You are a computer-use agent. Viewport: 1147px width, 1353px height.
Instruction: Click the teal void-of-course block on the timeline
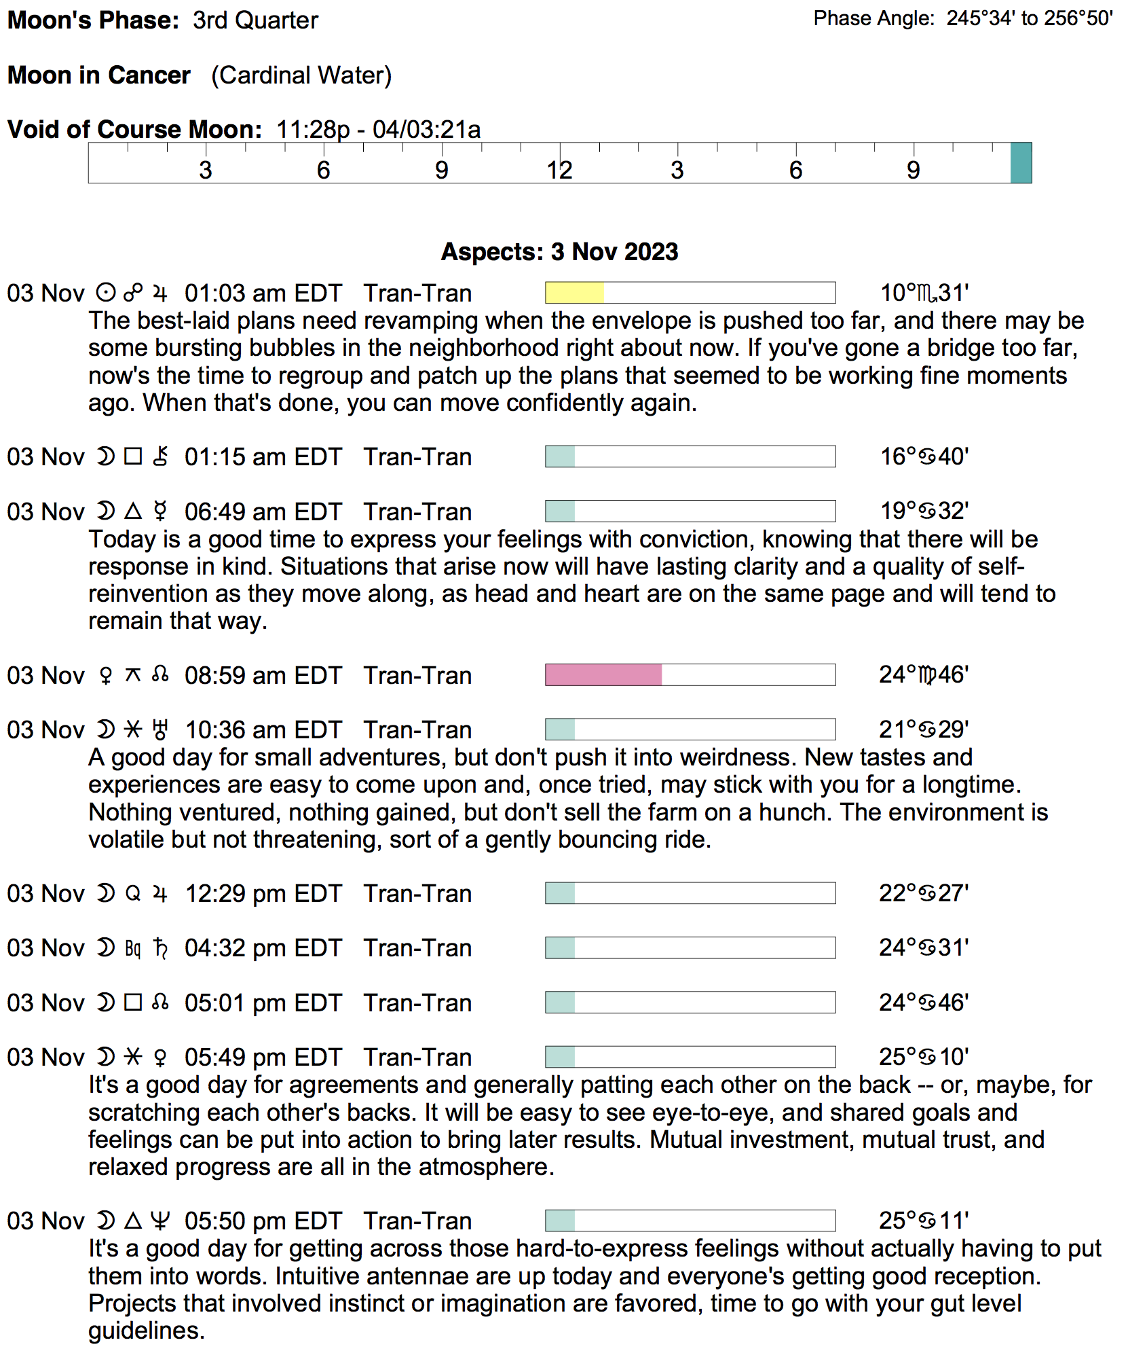(x=1021, y=163)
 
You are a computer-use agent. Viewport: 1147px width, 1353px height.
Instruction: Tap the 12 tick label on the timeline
(x=559, y=170)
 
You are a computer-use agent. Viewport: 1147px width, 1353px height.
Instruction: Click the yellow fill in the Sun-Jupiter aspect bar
(x=574, y=293)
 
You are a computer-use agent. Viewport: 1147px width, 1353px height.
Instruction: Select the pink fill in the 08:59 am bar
(x=603, y=675)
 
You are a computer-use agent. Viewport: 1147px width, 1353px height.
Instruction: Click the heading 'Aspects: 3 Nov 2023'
(x=559, y=252)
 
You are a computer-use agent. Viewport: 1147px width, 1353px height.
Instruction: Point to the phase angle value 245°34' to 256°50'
(x=1030, y=18)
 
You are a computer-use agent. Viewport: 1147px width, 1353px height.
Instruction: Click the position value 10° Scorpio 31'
(x=924, y=293)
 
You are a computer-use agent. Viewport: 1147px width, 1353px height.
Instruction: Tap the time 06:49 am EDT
(x=263, y=511)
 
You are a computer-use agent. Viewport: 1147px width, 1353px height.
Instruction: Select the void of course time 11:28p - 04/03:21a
(x=378, y=129)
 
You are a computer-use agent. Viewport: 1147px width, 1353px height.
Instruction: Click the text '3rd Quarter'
(x=255, y=20)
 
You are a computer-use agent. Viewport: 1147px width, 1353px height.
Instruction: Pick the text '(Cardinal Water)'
(x=301, y=75)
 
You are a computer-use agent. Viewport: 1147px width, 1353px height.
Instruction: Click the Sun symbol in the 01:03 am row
(x=105, y=293)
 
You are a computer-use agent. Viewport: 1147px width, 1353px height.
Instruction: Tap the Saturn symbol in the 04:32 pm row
(x=160, y=948)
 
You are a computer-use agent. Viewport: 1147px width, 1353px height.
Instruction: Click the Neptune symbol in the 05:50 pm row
(x=160, y=1221)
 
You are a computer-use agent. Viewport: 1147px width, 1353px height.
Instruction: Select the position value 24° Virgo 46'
(x=924, y=675)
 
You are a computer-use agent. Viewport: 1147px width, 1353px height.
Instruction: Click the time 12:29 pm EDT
(x=263, y=893)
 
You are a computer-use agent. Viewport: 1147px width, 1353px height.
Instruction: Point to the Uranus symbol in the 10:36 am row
(x=160, y=729)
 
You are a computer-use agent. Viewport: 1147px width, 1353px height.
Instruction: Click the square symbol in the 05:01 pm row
(x=133, y=1003)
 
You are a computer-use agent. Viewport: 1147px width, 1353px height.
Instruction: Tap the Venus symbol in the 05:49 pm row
(x=160, y=1057)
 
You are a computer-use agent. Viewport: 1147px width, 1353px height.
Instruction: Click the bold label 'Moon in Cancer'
(x=99, y=75)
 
